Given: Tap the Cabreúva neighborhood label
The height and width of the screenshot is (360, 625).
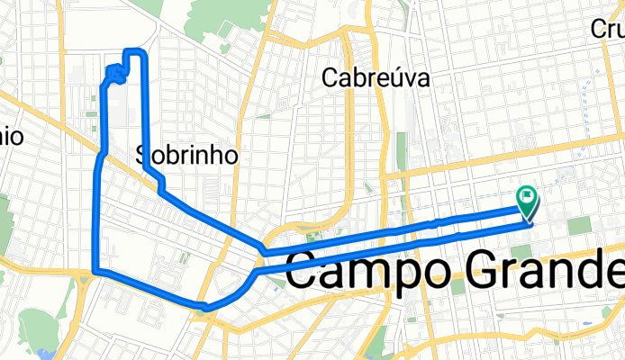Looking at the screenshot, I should tap(376, 79).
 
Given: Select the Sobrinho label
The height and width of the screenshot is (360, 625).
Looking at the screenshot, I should tap(187, 155).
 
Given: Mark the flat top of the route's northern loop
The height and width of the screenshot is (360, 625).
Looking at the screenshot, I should tap(133, 51).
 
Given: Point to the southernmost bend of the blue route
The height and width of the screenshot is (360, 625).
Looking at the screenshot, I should tap(207, 308).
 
